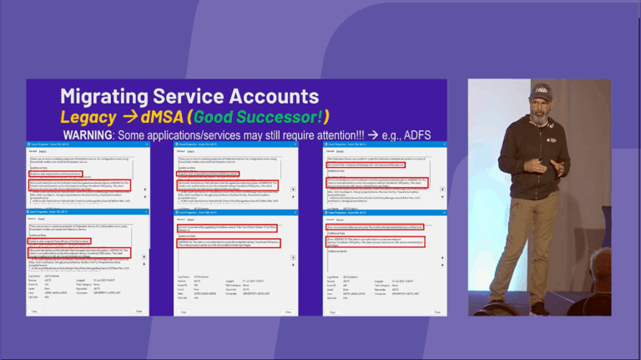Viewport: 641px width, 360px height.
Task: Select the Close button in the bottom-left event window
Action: pos(139,311)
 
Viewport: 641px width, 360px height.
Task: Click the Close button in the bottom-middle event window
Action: pos(284,311)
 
